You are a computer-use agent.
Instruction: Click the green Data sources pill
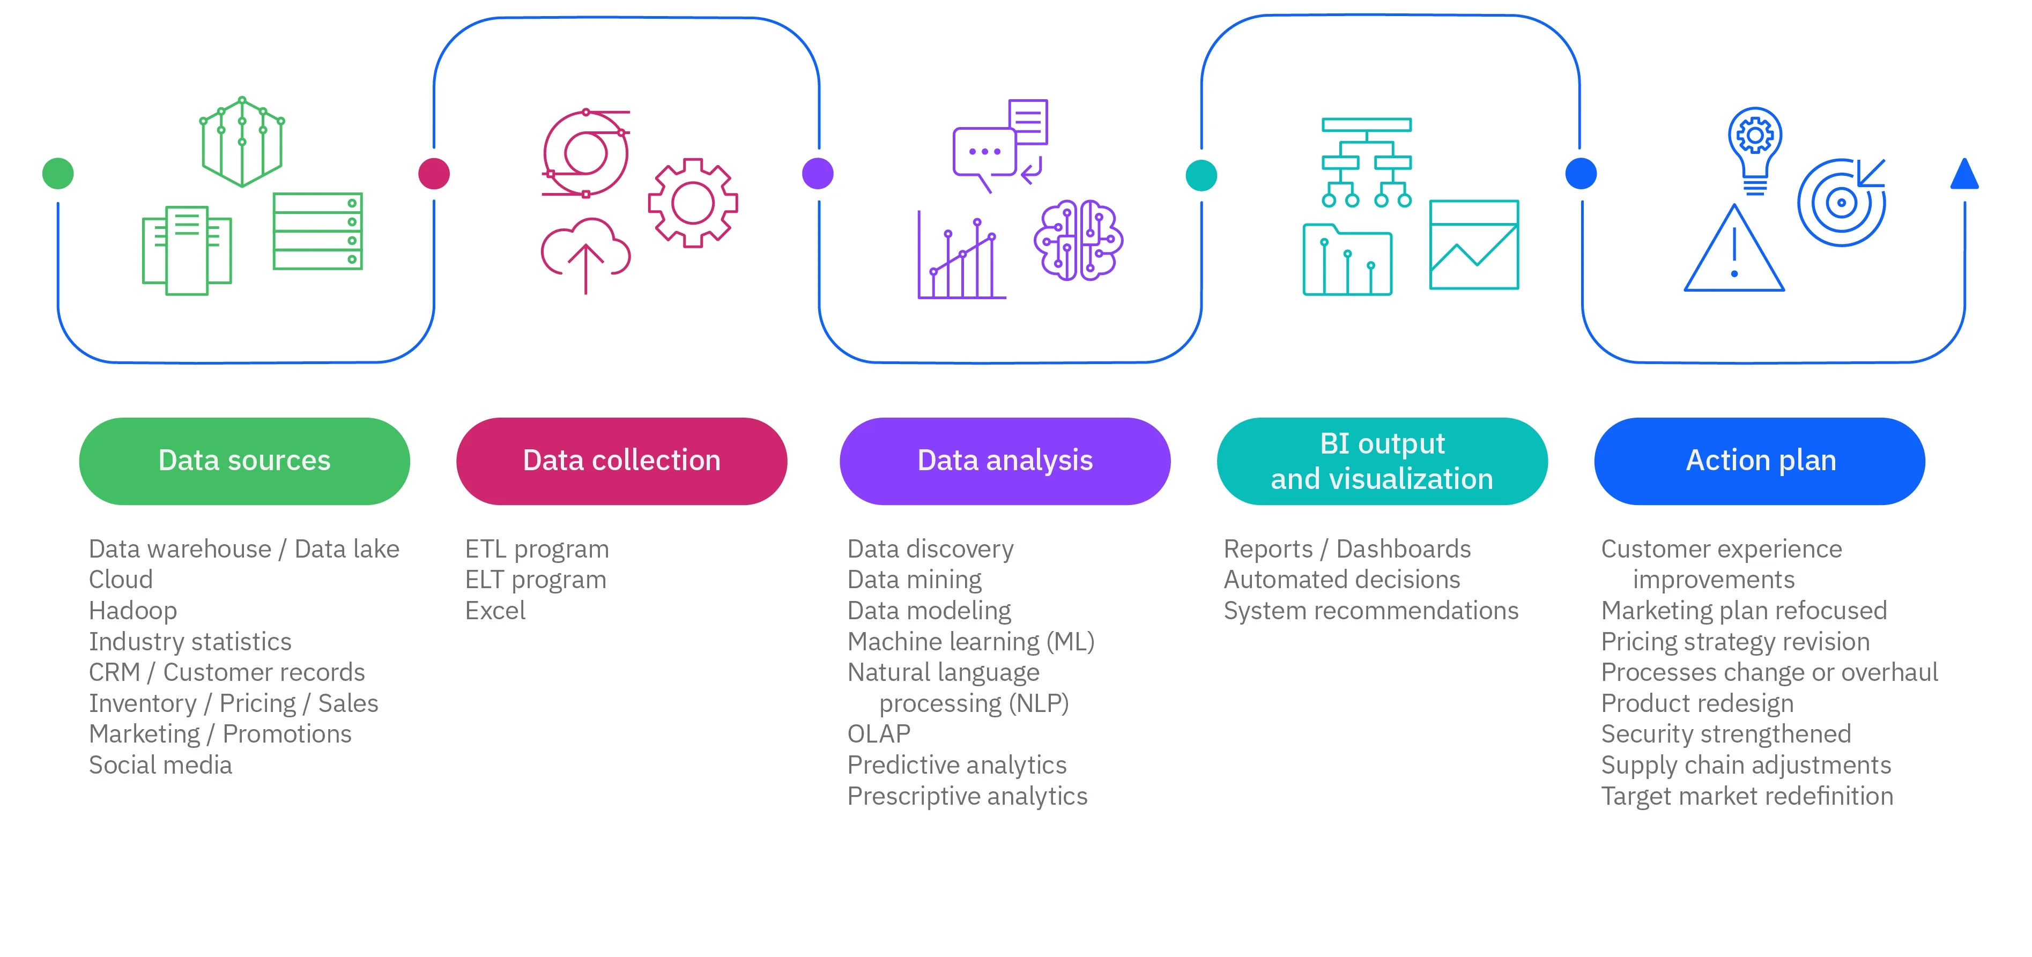[244, 461]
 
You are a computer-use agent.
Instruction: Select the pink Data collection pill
[621, 461]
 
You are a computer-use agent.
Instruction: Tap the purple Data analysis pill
[1005, 461]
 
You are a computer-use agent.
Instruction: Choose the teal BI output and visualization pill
[1382, 461]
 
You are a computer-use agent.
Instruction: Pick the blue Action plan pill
[1760, 461]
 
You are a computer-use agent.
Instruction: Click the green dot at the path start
[57, 174]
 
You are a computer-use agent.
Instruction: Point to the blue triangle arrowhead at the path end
[1964, 175]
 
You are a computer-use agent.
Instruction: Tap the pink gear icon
[693, 203]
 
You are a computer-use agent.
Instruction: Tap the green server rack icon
[317, 231]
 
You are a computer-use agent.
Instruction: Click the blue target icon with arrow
[1842, 202]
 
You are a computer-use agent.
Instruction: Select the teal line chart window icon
[1473, 244]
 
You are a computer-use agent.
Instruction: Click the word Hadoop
[132, 611]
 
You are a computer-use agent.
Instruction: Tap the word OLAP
[879, 734]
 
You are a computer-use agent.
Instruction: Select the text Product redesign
[1697, 703]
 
